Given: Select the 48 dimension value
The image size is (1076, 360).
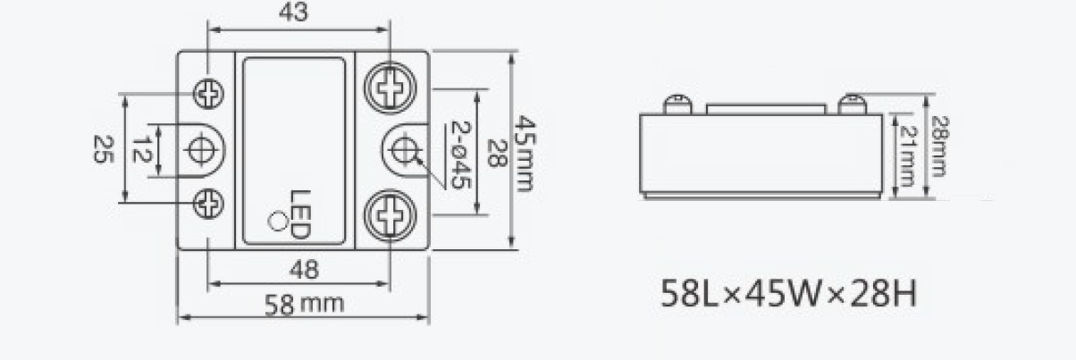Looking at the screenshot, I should click(304, 268).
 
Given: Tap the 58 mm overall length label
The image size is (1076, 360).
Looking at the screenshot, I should click(305, 304).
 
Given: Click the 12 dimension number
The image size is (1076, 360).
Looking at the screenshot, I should click(139, 148).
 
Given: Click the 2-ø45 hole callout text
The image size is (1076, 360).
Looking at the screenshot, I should click(459, 154).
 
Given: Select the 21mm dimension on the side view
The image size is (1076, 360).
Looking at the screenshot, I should click(905, 153).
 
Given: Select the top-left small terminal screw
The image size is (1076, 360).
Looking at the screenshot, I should click(209, 92).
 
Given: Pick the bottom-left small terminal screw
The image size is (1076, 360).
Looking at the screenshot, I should click(209, 204).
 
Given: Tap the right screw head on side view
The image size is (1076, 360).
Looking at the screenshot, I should click(853, 104).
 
